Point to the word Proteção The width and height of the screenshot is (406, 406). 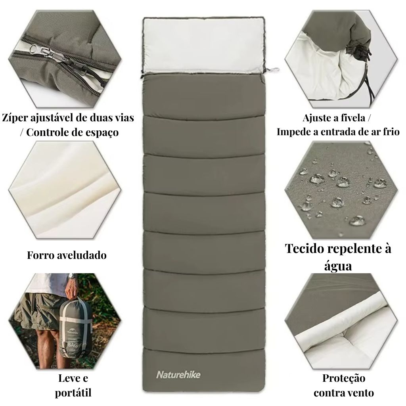(x=343, y=378)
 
